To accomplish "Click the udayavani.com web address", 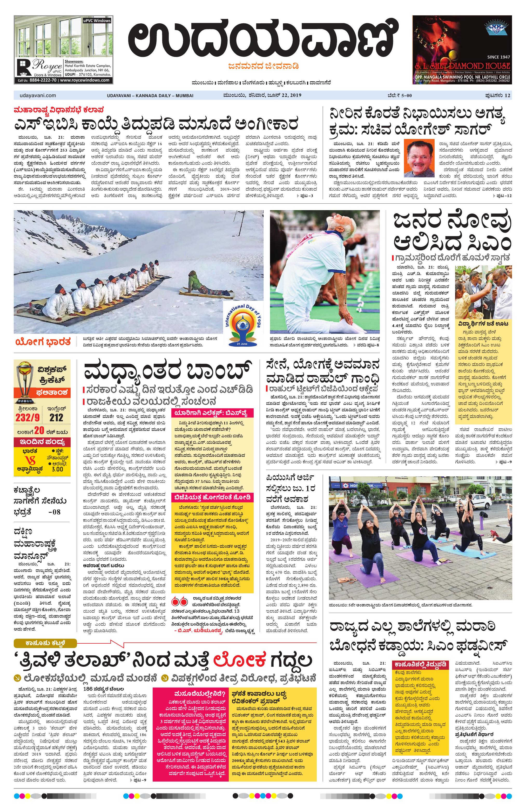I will point(36,96).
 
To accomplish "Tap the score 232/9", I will point(27,417).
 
